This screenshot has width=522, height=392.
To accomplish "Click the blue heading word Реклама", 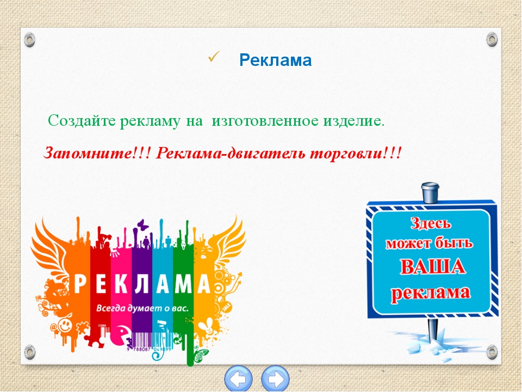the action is [x=275, y=60].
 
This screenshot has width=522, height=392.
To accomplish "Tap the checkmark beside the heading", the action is [x=213, y=57].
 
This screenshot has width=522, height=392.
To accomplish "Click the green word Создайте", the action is [x=81, y=121].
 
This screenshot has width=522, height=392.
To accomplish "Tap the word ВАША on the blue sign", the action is [x=432, y=267].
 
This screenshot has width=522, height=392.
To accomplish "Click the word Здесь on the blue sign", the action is [x=431, y=223].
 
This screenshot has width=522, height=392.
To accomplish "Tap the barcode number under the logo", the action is [x=149, y=350].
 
